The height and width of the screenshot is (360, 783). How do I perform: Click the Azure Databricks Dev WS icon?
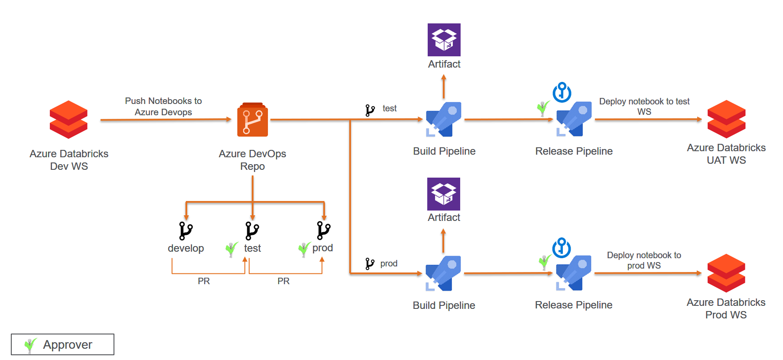(68, 120)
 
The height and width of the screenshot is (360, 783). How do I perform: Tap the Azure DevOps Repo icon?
(252, 120)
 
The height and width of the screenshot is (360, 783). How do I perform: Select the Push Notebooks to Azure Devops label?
(163, 107)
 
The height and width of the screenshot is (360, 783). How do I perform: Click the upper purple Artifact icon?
(444, 40)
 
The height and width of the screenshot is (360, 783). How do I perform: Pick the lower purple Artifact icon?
(444, 194)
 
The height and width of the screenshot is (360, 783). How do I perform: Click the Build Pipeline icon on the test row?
(444, 119)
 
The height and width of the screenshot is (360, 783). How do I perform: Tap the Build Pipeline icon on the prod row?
(443, 273)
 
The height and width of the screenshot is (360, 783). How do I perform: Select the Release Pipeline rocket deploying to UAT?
(574, 119)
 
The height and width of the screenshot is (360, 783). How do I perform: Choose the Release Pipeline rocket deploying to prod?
(574, 273)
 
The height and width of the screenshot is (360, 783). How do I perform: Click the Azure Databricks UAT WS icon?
(726, 119)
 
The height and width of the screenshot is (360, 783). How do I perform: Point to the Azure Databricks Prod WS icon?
(726, 273)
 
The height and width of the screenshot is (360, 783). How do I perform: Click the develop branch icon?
(186, 231)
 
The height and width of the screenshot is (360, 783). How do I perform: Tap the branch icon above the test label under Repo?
(252, 231)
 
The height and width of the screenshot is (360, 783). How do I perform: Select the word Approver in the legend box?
(68, 345)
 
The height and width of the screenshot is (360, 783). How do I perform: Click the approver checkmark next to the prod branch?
(304, 249)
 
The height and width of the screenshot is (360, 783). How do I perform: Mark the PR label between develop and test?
(204, 281)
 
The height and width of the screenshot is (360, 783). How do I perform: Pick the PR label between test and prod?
(283, 281)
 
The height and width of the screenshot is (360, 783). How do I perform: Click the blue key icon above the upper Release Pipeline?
(562, 92)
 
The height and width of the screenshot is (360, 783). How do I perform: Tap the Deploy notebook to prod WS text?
(644, 260)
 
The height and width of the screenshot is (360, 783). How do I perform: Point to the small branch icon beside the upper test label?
(370, 110)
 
